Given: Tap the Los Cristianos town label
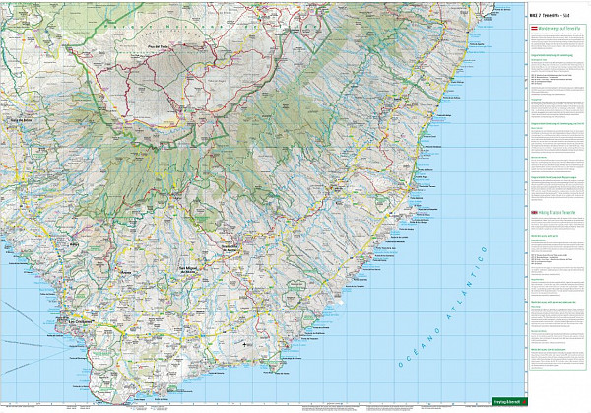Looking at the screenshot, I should [83, 320].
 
